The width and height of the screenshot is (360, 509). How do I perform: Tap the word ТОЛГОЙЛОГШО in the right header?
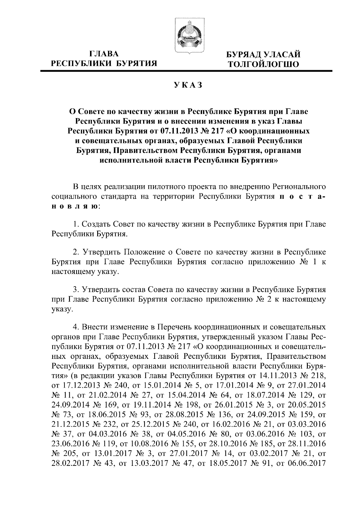(263, 64)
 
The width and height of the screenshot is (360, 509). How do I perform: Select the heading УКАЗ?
(189, 86)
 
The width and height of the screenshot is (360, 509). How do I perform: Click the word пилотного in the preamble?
(167, 187)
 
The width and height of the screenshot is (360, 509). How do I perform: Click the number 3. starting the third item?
(76, 290)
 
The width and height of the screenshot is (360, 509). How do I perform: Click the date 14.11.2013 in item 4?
(271, 375)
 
